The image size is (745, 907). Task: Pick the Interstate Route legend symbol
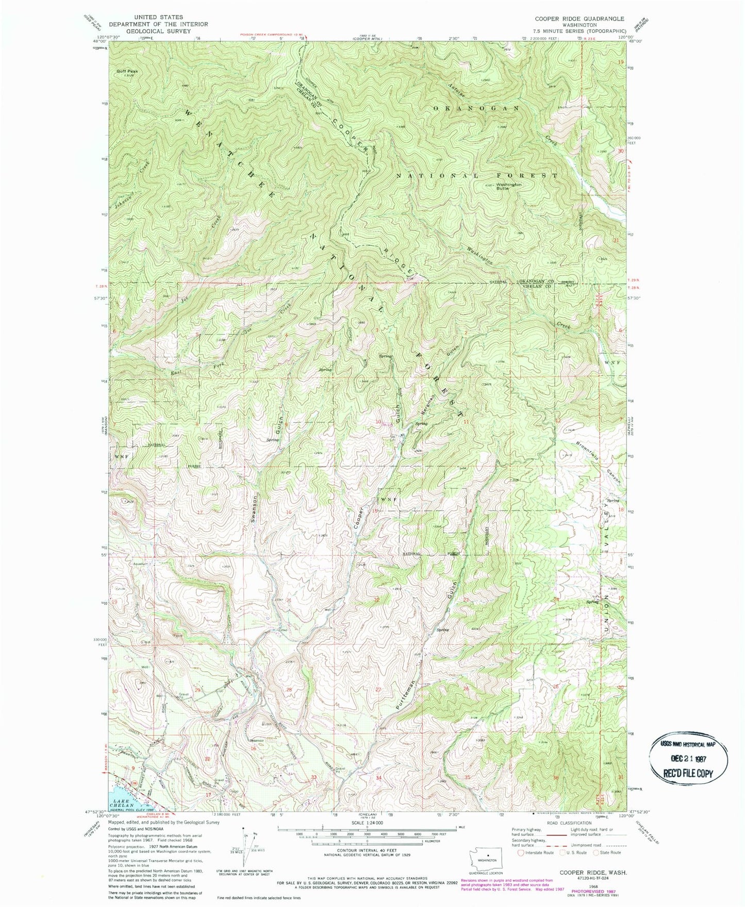pyautogui.click(x=522, y=852)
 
